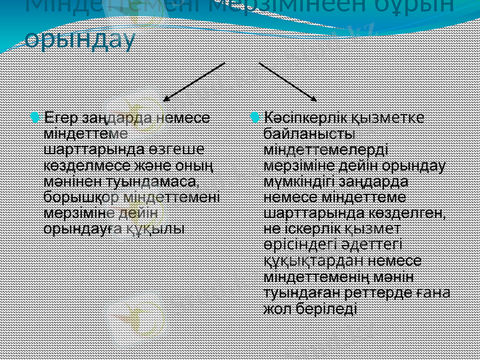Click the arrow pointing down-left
pos(194,80)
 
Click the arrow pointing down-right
pos(288,80)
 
